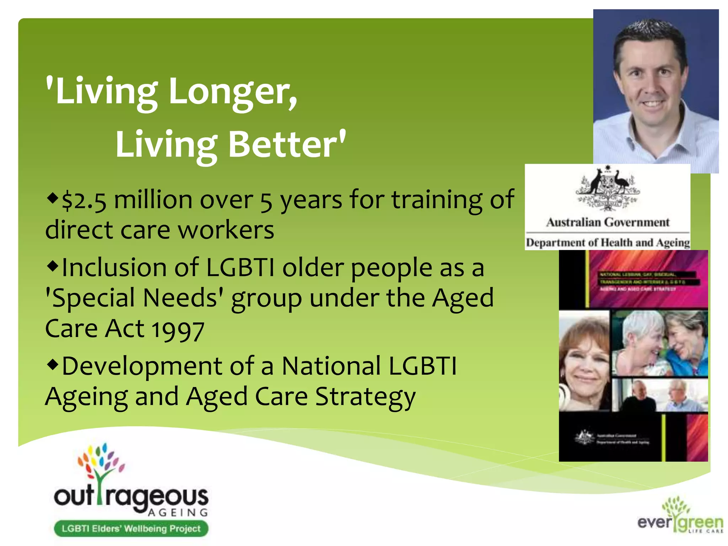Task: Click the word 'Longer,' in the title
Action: [x=233, y=92]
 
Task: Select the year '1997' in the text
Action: [x=178, y=330]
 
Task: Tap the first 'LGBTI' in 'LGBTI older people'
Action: [x=240, y=268]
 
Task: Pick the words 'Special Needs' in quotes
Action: [x=135, y=298]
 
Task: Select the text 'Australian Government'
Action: [x=607, y=223]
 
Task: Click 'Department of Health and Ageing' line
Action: [x=607, y=243]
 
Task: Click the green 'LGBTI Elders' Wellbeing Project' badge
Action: [x=131, y=528]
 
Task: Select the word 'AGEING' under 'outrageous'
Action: [x=178, y=512]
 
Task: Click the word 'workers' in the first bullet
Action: [x=226, y=230]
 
